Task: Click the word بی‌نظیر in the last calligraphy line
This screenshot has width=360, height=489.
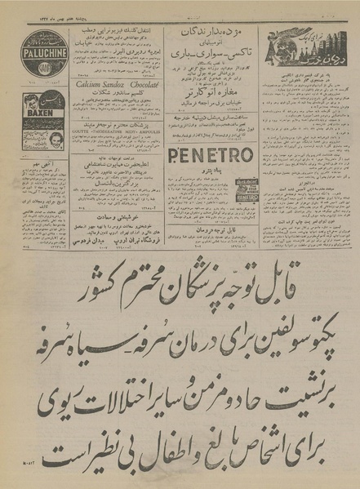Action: click(86, 447)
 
